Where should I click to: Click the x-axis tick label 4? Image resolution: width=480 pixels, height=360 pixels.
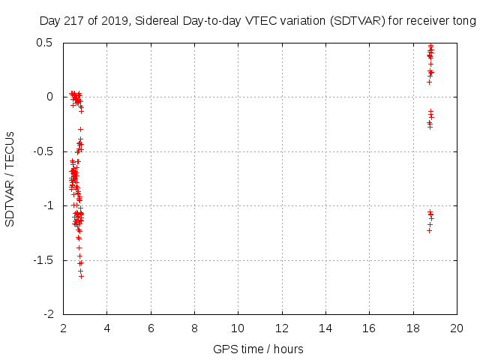[x=106, y=328]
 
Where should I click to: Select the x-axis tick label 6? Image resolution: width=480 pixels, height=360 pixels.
[x=151, y=328]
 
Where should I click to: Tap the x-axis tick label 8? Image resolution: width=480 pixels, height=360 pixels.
[x=194, y=328]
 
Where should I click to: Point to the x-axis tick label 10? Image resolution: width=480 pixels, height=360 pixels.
[x=238, y=328]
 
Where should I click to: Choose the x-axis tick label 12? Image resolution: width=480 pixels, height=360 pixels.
[x=282, y=328]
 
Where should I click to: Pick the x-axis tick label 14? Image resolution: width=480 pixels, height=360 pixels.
[x=325, y=328]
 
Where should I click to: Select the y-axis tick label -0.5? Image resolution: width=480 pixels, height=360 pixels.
[x=42, y=151]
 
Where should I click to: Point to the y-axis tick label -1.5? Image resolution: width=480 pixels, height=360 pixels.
[x=42, y=260]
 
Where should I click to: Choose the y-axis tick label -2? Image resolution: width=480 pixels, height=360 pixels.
[x=48, y=314]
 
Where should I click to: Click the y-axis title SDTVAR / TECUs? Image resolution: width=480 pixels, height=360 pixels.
[x=10, y=178]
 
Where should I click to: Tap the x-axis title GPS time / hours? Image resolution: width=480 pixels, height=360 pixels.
[x=258, y=349]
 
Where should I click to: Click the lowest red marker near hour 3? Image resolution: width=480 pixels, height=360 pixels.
[x=81, y=277]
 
